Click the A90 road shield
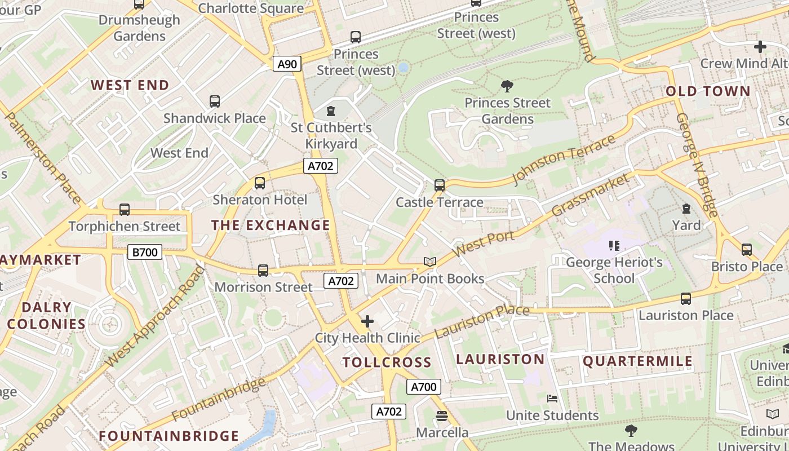pyautogui.click(x=287, y=64)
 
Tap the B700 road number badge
pyautogui.click(x=145, y=252)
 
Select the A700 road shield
pyautogui.click(x=423, y=386)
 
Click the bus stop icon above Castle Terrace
pyautogui.click(x=439, y=185)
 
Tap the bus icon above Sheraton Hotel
pyautogui.click(x=259, y=183)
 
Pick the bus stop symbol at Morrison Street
pyautogui.click(x=263, y=270)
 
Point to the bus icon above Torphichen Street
pyautogui.click(x=124, y=209)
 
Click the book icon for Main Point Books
pyautogui.click(x=430, y=262)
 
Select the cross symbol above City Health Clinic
pyautogui.click(x=367, y=321)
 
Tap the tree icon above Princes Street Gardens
pyautogui.click(x=507, y=86)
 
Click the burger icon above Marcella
pyautogui.click(x=442, y=416)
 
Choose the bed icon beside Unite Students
pyautogui.click(x=552, y=399)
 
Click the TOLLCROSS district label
pyautogui.click(x=387, y=362)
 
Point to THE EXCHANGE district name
pyautogui.click(x=271, y=225)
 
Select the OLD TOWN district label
pyautogui.click(x=708, y=91)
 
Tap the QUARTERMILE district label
pyautogui.click(x=637, y=361)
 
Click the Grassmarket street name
pyautogui.click(x=590, y=195)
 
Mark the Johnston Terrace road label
pyautogui.click(x=564, y=160)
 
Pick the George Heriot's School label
pyautogui.click(x=614, y=270)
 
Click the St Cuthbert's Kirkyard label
pyautogui.click(x=331, y=135)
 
